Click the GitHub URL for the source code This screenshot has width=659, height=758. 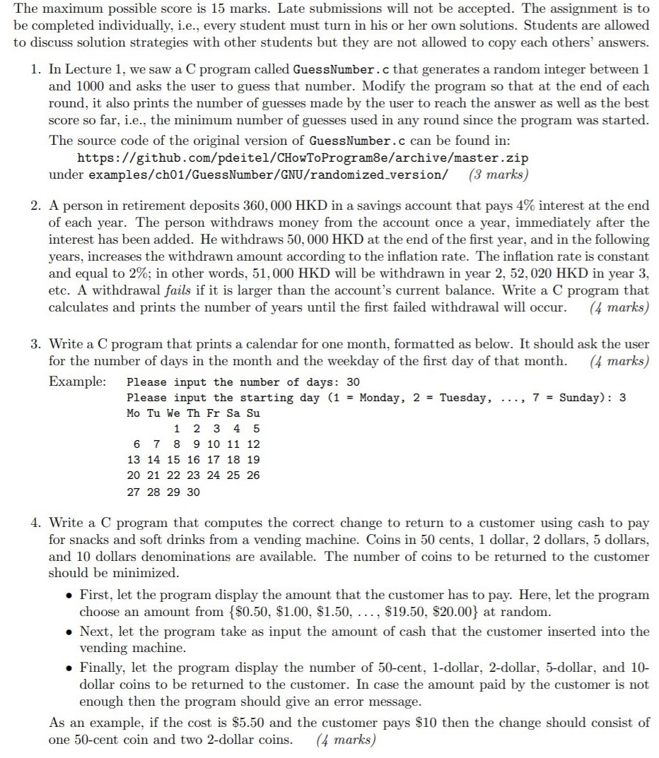point(302,157)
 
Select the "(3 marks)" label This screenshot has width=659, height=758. point(498,174)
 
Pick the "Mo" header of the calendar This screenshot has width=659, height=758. point(133,413)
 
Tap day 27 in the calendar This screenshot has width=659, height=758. point(133,492)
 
